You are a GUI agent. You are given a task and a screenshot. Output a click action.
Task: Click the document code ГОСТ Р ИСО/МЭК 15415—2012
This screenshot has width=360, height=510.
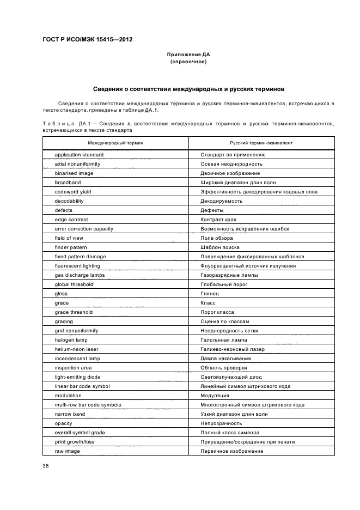87,39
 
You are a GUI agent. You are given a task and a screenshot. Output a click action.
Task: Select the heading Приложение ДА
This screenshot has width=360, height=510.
188,54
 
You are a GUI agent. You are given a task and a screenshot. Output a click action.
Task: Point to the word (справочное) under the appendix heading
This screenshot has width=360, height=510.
188,62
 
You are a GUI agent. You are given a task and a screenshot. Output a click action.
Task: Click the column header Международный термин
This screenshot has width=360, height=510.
116,143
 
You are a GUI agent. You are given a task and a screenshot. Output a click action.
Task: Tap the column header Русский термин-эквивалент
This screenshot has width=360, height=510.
261,143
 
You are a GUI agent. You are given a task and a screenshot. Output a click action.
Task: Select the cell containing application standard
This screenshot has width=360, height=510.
79,155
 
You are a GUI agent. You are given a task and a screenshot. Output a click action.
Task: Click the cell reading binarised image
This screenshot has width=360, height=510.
74,173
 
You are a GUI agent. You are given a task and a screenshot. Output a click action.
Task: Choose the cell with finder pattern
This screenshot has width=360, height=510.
71,247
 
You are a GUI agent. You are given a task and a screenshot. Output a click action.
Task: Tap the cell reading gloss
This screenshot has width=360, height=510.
61,294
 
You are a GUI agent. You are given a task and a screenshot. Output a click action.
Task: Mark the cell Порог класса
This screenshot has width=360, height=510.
217,312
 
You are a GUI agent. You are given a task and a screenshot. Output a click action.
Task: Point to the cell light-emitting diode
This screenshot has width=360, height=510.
77,377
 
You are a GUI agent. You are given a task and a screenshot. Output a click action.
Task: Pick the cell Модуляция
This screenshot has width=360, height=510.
216,396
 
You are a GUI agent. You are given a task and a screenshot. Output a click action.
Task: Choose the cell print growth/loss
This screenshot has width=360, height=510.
75,442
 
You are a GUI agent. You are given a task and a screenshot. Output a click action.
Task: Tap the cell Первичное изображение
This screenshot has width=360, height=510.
232,451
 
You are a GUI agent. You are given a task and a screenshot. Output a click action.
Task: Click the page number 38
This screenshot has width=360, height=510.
46,466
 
